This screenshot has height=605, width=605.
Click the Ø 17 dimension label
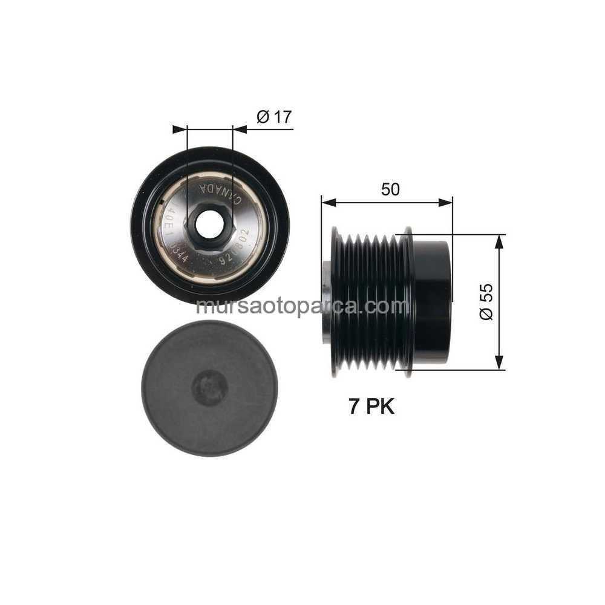point(274,117)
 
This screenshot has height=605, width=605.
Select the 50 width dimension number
point(390,189)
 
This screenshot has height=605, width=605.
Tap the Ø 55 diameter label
point(486,301)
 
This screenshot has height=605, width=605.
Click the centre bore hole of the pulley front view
point(209,226)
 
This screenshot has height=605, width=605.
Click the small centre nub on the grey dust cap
point(209,388)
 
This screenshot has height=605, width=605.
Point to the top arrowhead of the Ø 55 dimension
point(499,241)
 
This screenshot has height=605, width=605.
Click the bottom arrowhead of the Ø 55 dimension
point(499,363)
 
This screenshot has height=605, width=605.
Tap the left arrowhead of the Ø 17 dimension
point(180,129)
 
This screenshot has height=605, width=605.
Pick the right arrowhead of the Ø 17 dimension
point(240,129)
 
